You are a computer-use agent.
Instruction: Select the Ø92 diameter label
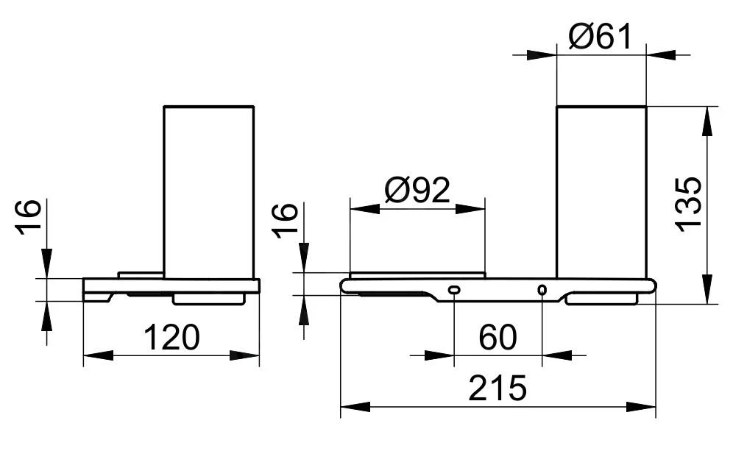(x=417, y=191)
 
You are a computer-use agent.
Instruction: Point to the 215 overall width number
(x=497, y=388)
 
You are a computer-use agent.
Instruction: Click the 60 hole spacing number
(x=497, y=338)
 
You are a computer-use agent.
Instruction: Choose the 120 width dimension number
(x=171, y=338)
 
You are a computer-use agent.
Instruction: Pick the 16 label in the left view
(x=29, y=217)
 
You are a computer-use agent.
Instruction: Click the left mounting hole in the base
(x=454, y=290)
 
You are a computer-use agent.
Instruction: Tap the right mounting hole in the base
(x=542, y=290)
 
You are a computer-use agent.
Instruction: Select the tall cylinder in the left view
(x=208, y=191)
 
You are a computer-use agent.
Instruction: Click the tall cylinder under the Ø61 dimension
(x=601, y=191)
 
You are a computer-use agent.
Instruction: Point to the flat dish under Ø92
(x=417, y=275)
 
